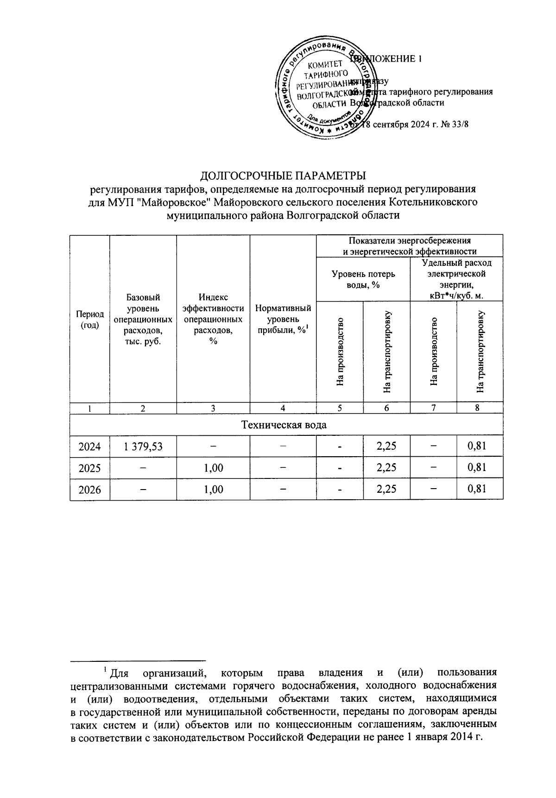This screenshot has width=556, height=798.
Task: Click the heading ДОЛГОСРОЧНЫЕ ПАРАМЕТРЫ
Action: (x=283, y=176)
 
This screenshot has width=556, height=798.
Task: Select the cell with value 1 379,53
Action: (x=143, y=446)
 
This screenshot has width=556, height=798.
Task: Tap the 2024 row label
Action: (x=90, y=446)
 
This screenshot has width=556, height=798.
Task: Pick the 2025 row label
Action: (x=90, y=468)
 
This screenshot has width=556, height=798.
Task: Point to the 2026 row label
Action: (x=90, y=490)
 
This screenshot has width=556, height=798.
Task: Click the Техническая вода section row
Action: (x=284, y=425)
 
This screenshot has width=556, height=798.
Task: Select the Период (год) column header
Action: (x=90, y=319)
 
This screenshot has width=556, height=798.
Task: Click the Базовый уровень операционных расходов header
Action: (x=143, y=319)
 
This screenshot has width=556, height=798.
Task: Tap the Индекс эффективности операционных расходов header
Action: (x=213, y=319)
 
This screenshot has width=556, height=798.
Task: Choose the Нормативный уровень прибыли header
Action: (x=283, y=319)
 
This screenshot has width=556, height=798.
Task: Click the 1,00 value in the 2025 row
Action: (x=213, y=468)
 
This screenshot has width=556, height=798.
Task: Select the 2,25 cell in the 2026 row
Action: (x=386, y=490)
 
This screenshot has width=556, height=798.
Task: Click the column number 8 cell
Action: (x=479, y=408)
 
